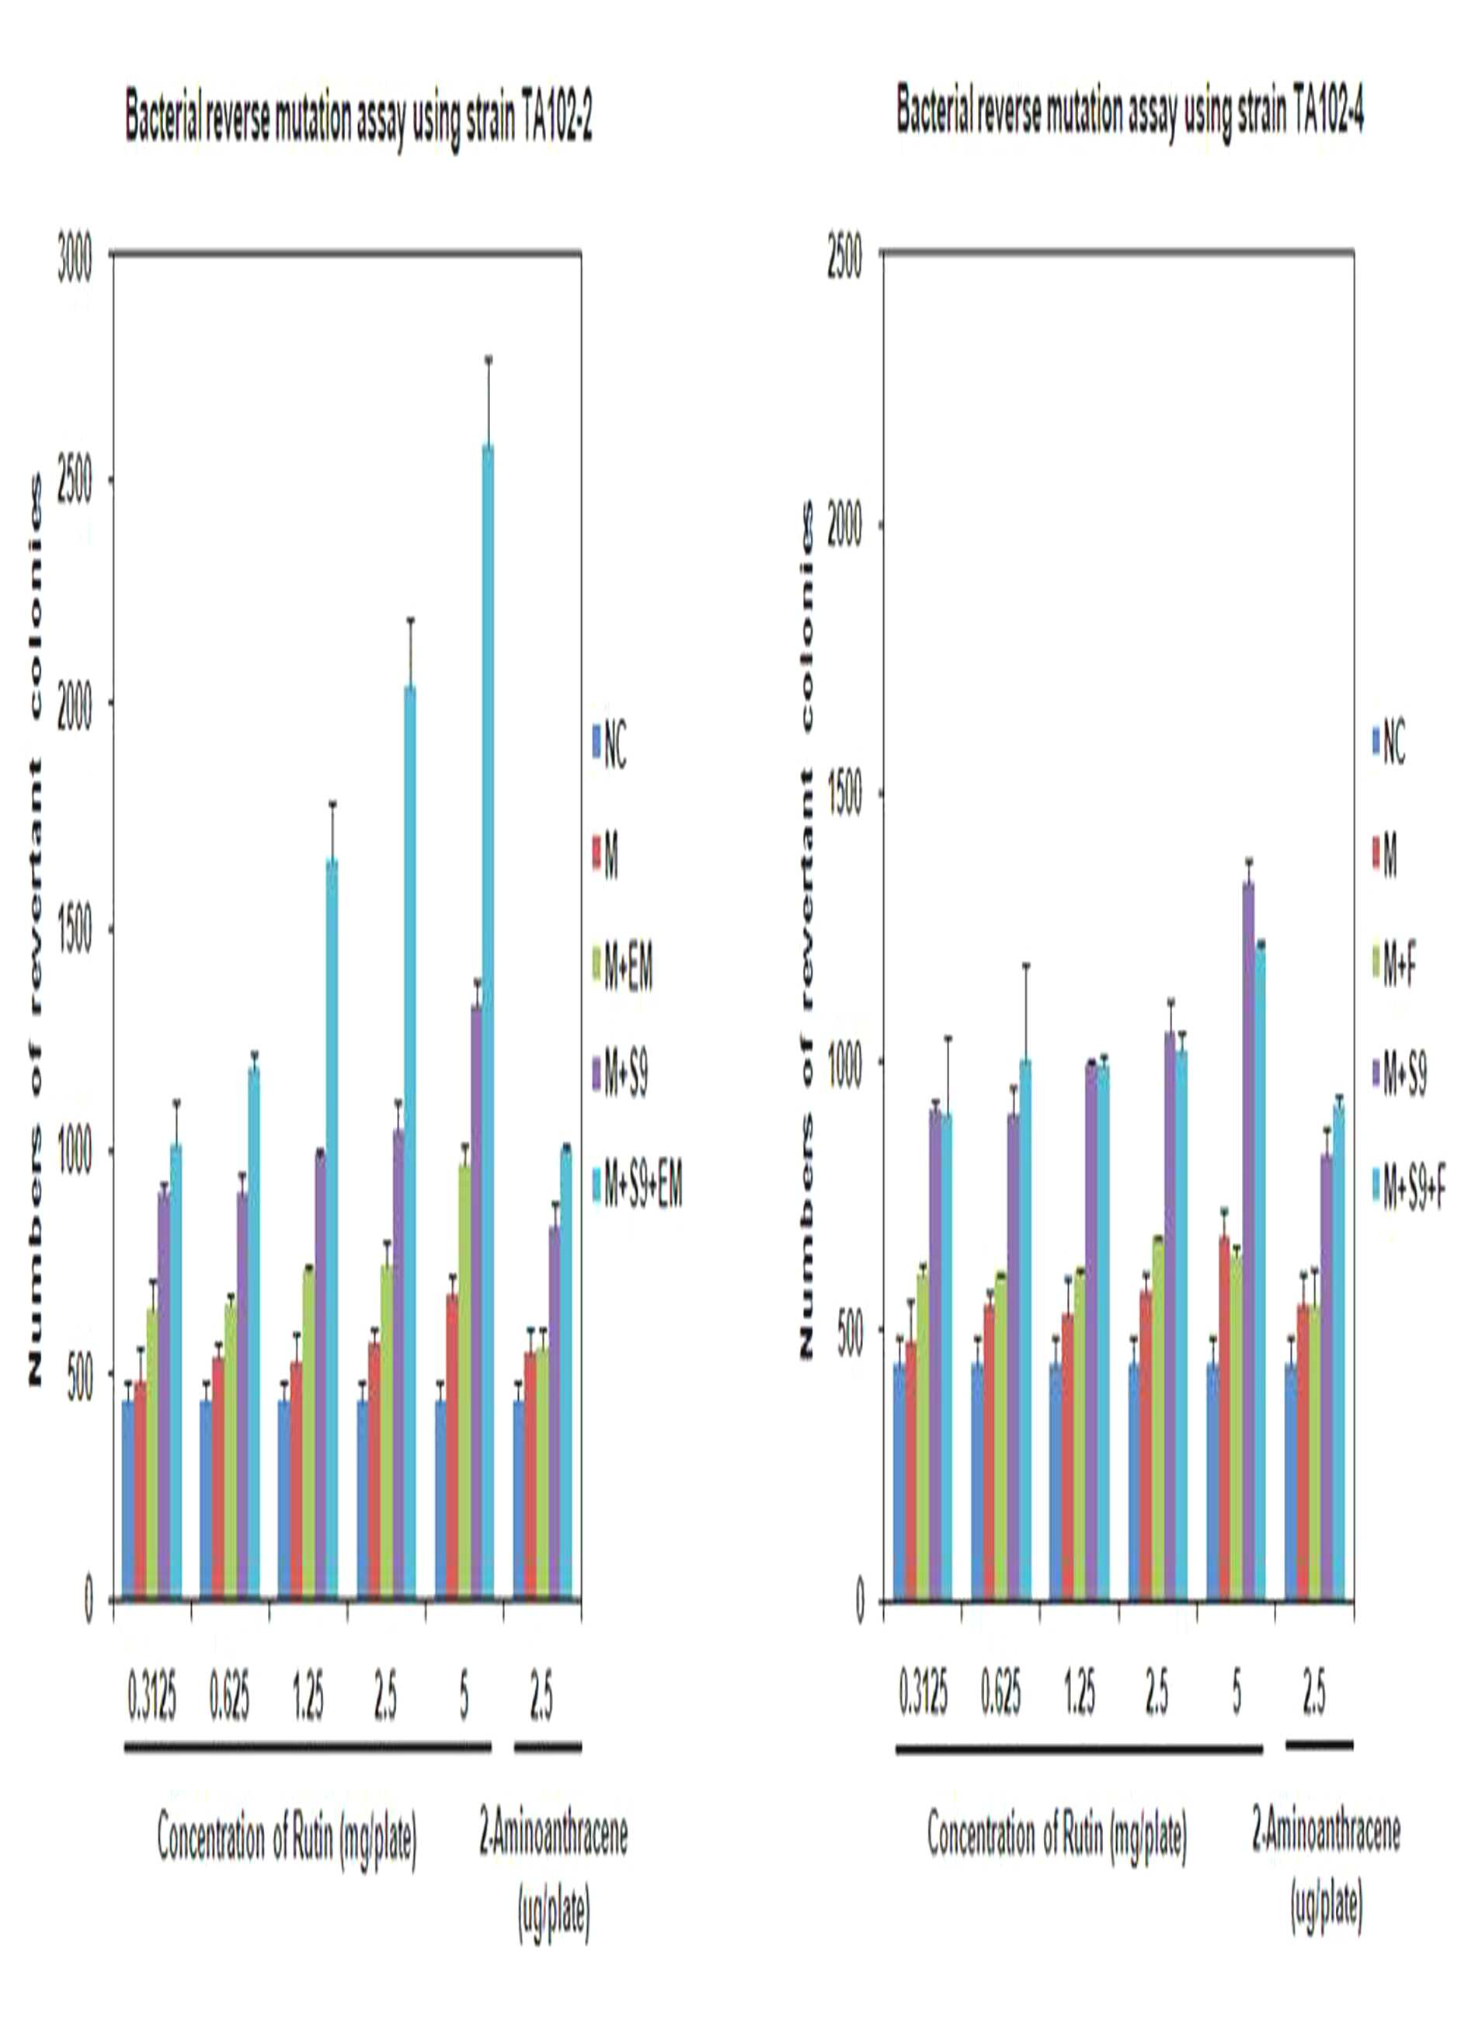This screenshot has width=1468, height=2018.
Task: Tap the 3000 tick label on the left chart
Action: (x=75, y=266)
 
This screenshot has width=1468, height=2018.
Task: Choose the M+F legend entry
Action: (x=1394, y=966)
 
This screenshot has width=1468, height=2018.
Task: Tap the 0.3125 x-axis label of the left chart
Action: (x=152, y=1699)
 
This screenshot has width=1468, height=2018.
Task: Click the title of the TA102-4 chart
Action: (x=1130, y=117)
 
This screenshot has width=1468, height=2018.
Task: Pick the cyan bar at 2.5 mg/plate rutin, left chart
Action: (x=409, y=1143)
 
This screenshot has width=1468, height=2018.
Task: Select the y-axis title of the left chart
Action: (x=36, y=931)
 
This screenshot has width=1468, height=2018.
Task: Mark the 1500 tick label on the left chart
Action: (x=75, y=930)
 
